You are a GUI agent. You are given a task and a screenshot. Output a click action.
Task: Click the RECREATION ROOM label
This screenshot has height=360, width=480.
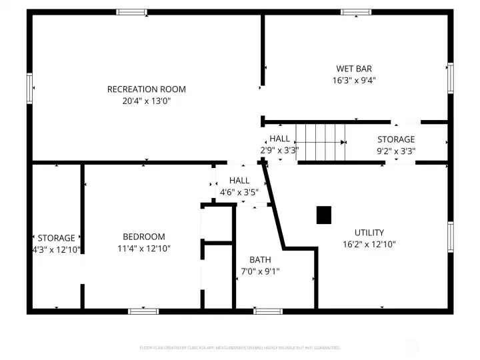point(147,89)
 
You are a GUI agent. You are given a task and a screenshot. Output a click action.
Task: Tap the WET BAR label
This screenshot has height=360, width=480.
point(354,69)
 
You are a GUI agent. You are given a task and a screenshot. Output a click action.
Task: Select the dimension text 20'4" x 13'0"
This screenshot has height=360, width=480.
point(147,101)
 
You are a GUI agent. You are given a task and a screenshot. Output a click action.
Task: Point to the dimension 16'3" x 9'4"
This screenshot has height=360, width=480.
point(354,80)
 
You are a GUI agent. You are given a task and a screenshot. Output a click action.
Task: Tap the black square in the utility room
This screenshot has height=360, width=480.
point(323,215)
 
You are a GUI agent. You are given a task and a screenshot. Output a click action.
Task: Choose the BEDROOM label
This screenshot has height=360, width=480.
point(144,237)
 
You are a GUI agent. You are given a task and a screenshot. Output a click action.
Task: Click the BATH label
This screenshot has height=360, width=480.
point(260,259)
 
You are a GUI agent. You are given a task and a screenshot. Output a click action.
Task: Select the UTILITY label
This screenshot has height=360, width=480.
point(369,233)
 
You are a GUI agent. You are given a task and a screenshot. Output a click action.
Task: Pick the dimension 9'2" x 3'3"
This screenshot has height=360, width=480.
point(396,151)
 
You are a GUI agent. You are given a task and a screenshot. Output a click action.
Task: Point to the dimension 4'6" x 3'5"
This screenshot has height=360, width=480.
point(239,193)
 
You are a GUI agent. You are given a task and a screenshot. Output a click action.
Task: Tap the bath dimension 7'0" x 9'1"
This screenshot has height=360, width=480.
point(260,271)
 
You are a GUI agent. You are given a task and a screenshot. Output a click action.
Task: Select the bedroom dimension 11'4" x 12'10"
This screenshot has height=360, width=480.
point(144,249)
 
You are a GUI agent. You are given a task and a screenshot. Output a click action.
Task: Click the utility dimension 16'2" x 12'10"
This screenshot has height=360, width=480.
point(369,244)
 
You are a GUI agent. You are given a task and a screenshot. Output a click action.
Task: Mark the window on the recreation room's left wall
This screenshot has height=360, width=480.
point(29,88)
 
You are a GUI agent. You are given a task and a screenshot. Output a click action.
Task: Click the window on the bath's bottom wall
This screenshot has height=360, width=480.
point(268,311)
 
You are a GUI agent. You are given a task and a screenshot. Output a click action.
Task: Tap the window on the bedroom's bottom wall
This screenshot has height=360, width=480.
point(143,311)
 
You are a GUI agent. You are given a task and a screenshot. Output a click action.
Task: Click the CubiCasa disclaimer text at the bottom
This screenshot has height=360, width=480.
point(240,348)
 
